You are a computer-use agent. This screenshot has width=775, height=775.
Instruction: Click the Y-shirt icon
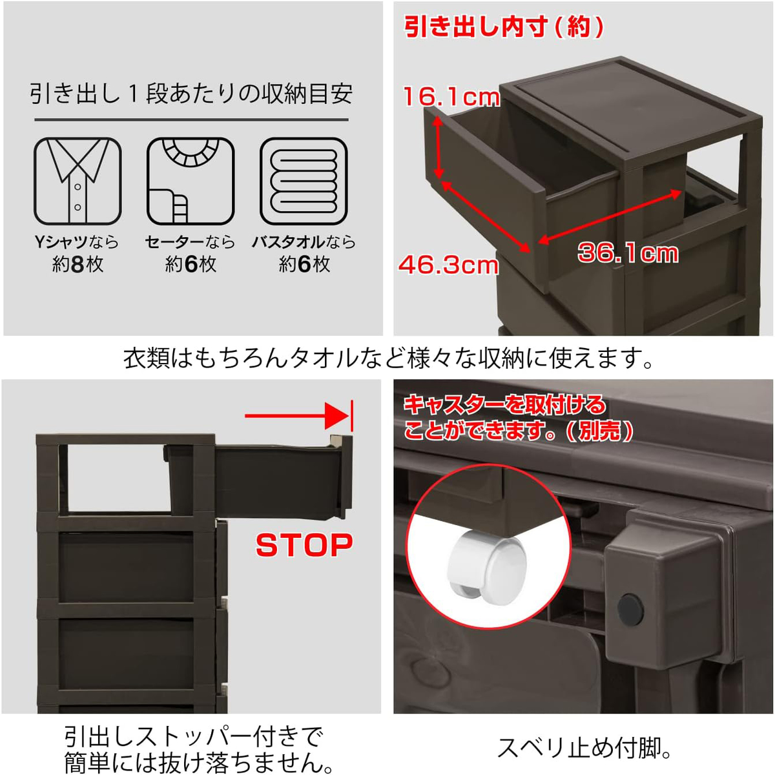[77, 181]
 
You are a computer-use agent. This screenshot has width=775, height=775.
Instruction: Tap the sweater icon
[191, 181]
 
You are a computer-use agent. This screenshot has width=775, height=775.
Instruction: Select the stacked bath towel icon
[304, 181]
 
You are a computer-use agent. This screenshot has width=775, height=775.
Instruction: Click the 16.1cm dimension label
[451, 97]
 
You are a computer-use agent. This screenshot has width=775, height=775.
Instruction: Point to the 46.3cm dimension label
[448, 265]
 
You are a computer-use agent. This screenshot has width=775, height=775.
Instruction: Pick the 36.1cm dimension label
[628, 253]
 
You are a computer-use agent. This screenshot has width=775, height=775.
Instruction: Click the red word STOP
[304, 546]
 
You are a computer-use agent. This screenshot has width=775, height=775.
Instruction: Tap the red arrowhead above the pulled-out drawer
[337, 416]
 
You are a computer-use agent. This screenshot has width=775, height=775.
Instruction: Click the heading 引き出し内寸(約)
[504, 27]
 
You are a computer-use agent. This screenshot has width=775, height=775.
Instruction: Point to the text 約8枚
[77, 264]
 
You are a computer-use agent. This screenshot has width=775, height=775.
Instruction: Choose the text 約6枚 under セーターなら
[191, 264]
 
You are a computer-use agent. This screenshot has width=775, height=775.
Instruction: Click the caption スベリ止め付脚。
[585, 748]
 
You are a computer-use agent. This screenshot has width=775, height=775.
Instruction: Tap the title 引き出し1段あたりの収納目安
[191, 94]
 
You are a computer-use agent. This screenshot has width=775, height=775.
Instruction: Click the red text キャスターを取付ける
[504, 405]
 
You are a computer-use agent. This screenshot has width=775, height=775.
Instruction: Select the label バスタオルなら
[304, 242]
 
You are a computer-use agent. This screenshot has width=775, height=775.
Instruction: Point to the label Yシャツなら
[77, 242]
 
